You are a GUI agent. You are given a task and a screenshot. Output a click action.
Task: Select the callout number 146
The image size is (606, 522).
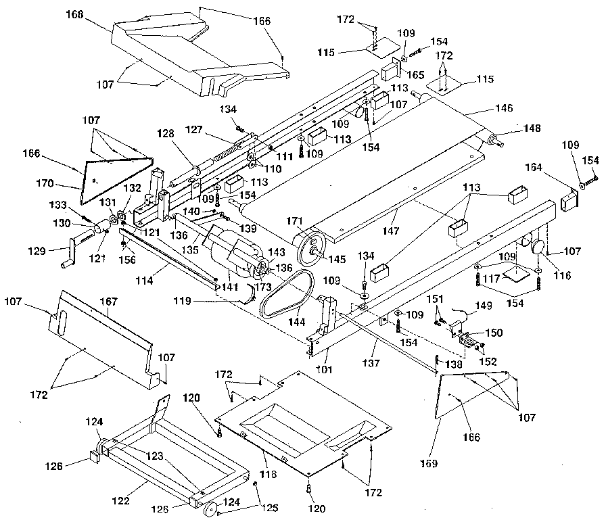[503, 108]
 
